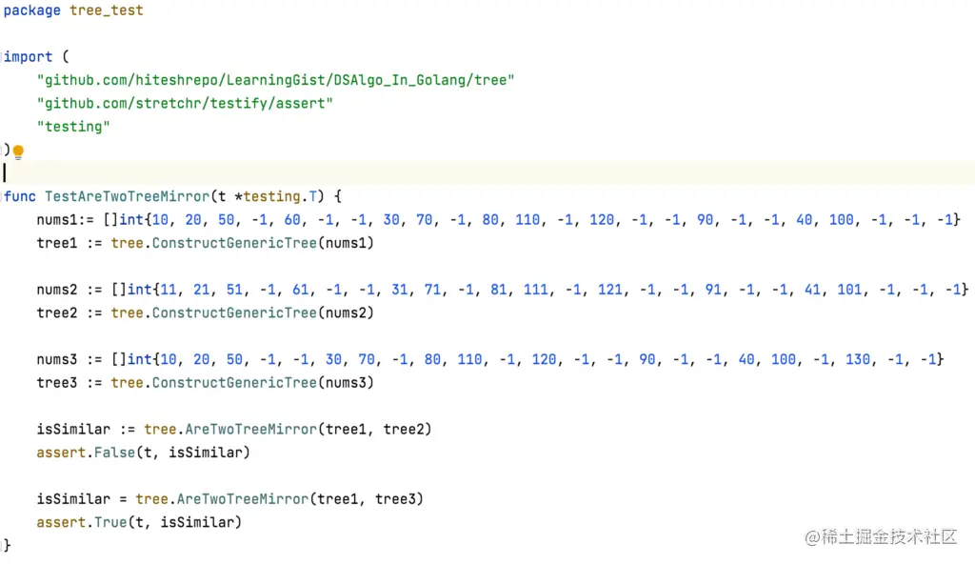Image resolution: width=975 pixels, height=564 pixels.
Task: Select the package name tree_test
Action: coord(107,10)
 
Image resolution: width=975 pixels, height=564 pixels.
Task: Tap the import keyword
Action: coord(29,57)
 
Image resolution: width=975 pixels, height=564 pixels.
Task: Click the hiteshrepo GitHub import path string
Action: coord(275,80)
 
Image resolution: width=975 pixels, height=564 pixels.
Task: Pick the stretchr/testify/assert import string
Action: coord(185,103)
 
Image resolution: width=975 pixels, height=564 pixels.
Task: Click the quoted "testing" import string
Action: coord(73,127)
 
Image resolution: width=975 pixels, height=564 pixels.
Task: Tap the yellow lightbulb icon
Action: coord(17,151)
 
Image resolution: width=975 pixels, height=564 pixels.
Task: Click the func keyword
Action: coord(20,196)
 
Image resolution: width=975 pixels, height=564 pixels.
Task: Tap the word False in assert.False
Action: coord(114,453)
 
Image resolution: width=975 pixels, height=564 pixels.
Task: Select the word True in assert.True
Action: coord(110,522)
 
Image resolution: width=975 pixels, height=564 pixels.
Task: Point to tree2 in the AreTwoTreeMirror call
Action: coord(408,430)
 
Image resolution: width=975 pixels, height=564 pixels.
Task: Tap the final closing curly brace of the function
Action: coord(8,545)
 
